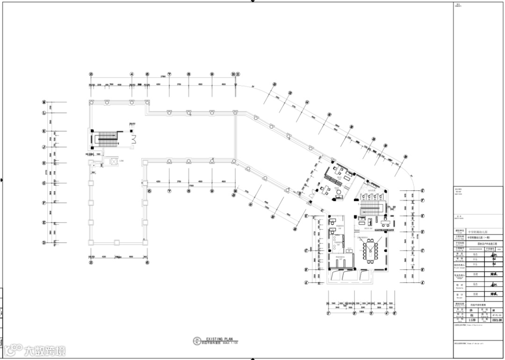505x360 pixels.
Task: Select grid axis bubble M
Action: [x=44, y=102]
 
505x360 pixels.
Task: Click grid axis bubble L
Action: [x=44, y=113]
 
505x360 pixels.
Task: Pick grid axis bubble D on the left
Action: [x=44, y=243]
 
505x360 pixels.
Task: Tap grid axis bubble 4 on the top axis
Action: [x=132, y=74]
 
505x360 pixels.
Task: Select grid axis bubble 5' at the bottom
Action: [x=394, y=313]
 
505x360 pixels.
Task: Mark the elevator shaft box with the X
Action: [x=112, y=161]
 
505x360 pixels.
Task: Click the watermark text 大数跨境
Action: [x=45, y=350]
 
